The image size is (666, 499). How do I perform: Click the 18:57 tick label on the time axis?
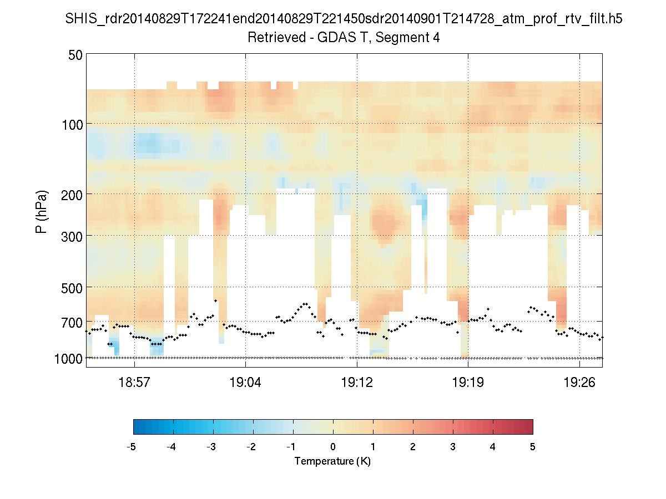tap(134, 383)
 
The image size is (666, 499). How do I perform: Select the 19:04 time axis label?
tap(245, 383)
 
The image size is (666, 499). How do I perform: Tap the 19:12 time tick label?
tap(357, 383)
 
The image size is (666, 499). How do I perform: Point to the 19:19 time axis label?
tap(468, 383)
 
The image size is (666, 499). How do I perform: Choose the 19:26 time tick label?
tap(579, 383)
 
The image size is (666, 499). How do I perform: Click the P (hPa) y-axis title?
tap(41, 212)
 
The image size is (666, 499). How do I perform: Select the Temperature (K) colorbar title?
tap(332, 461)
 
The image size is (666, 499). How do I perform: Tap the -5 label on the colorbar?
tap(132, 447)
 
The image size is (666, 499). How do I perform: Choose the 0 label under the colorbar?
tap(333, 447)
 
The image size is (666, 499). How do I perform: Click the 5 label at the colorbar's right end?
tap(533, 447)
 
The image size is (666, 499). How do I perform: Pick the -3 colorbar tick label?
tap(211, 447)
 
